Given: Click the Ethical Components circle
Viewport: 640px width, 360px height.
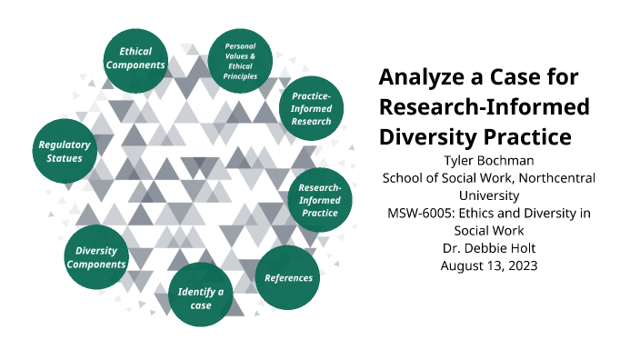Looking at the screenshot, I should pos(135,59).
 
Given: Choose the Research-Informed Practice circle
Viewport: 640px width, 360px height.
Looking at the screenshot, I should pos(318,200).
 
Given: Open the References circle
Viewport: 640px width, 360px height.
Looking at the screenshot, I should pos(288,277).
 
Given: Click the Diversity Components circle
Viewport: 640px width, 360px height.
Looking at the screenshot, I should pos(100,257).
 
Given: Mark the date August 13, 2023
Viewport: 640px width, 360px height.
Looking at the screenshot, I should pos(487,265).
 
